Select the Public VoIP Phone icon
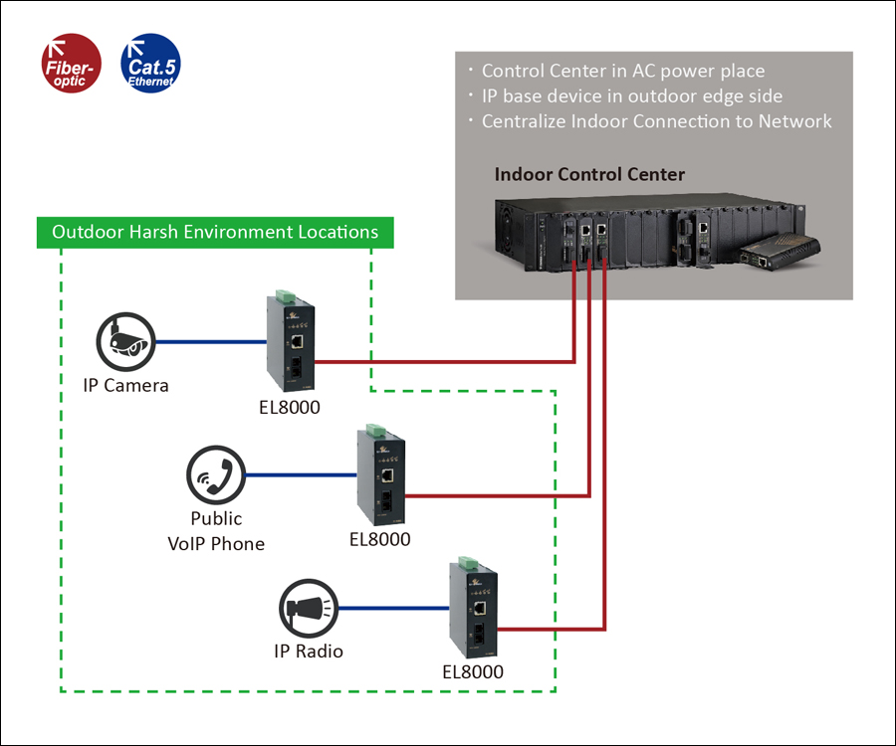coord(216,474)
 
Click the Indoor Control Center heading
coord(589,175)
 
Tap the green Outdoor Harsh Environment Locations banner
coord(215,233)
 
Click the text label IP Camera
coord(125,385)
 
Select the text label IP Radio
coord(309,652)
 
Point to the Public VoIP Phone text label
coord(216,531)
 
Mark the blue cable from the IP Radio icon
coord(393,608)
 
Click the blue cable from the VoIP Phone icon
coord(301,475)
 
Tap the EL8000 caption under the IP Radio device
coord(473,671)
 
